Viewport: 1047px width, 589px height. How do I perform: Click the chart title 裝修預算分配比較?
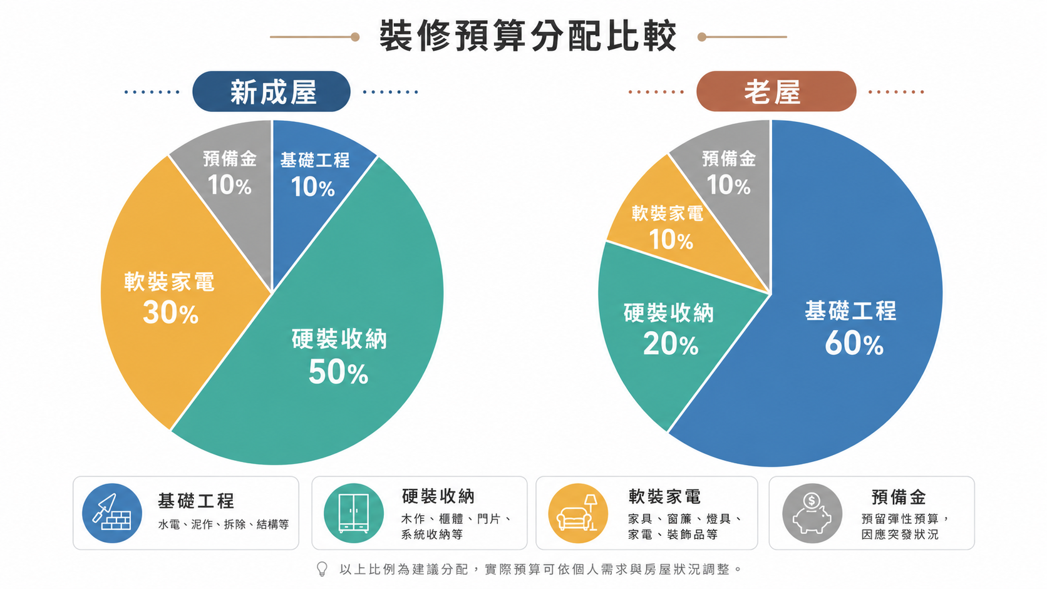coord(528,36)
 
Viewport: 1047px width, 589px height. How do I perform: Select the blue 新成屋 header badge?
coord(272,91)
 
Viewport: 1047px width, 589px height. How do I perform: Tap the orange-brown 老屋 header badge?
coord(776,91)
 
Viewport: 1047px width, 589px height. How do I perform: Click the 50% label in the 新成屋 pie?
coord(338,372)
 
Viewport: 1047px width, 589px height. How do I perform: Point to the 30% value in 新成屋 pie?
coord(170,312)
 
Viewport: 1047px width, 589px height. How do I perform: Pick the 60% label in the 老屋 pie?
coord(854,344)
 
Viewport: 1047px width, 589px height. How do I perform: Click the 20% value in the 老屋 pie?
coord(671,344)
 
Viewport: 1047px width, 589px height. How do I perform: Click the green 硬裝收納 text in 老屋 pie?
coord(669,313)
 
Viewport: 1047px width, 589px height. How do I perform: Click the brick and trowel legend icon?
coord(112,513)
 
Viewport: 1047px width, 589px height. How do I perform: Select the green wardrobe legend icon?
coord(354,513)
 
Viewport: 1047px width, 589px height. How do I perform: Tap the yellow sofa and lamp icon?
coord(578,513)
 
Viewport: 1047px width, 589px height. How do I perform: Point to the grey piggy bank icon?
coord(812,513)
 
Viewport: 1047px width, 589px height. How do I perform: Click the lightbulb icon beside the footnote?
coord(322,569)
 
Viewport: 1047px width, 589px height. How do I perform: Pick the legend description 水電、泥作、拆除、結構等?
coord(224,525)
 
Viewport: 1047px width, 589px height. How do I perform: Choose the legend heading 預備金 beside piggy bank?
coord(899,498)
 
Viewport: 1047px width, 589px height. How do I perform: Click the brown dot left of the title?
coord(355,37)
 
